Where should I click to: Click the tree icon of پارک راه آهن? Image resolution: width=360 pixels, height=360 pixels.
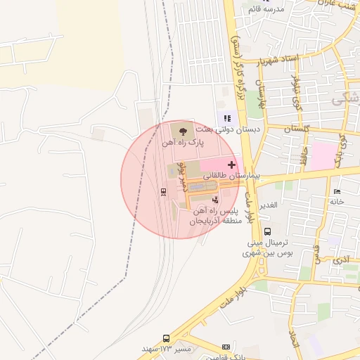[x=184, y=130]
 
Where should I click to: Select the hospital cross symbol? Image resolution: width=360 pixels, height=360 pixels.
[x=232, y=164]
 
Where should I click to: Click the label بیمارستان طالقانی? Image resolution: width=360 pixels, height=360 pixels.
[x=232, y=174]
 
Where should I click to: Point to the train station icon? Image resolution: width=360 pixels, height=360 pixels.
[x=164, y=191]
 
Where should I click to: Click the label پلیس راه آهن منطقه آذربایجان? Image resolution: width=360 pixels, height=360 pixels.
[x=215, y=216]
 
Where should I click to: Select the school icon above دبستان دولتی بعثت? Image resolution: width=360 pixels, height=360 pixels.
[x=227, y=118]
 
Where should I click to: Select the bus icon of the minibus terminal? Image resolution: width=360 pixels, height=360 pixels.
[x=267, y=231]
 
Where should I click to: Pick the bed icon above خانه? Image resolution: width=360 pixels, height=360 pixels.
[x=337, y=191]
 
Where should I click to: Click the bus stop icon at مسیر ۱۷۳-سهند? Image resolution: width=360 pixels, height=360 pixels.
[x=166, y=338]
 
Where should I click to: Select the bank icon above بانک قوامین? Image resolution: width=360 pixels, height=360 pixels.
[x=226, y=347]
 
